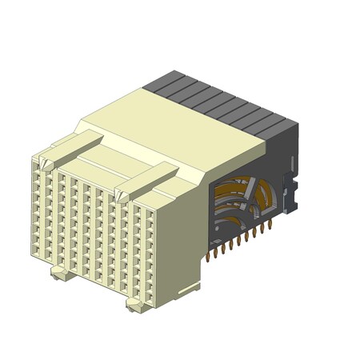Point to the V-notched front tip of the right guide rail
pos(123,193)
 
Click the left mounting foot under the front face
pos(60,274)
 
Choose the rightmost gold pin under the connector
pos(270,225)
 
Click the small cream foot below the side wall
pos(189,286)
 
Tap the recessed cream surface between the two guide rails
pos(104,168)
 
